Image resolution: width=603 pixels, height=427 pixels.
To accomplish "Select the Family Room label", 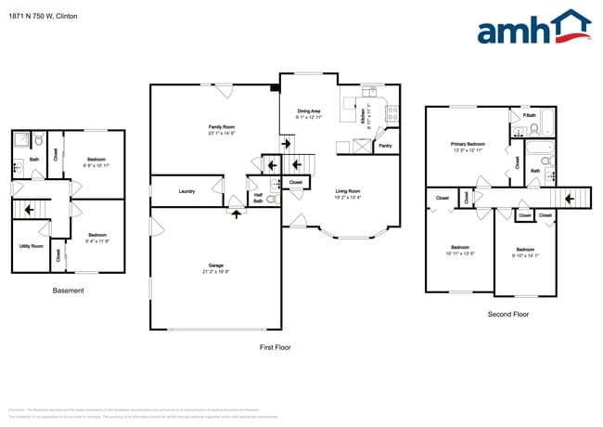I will (x=221, y=127).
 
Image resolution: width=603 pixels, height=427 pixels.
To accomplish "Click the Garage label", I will (x=215, y=266).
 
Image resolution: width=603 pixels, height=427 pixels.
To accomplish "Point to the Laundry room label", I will (x=186, y=191).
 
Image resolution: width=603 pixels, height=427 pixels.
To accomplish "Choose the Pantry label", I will (x=385, y=146).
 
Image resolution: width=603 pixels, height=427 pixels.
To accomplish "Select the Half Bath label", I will (x=258, y=197).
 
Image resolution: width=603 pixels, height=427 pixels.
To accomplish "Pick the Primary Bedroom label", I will (x=468, y=144).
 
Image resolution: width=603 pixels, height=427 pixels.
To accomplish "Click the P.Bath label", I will (x=529, y=115).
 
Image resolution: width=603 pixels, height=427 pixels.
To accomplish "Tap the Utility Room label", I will (x=30, y=246).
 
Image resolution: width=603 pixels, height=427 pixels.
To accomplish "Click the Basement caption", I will (x=68, y=291).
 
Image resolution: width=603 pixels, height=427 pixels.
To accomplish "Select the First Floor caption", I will (x=277, y=346).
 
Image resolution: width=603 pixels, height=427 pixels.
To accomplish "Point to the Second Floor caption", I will (x=508, y=315).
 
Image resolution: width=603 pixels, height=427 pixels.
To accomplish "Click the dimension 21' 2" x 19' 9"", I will (x=215, y=273).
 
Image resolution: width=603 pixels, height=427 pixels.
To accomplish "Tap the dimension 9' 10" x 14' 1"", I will (x=525, y=255).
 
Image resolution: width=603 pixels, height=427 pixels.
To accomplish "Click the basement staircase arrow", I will (x=31, y=210).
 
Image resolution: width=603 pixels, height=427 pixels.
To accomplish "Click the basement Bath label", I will (x=34, y=160).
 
